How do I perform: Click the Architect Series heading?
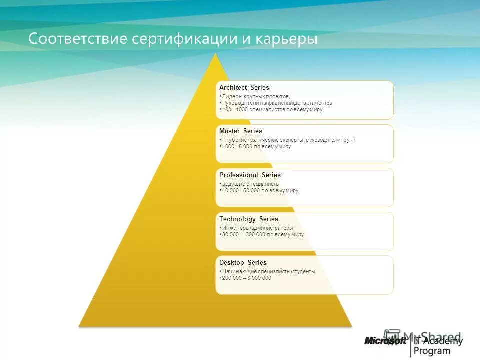244,88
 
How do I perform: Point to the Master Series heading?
240,131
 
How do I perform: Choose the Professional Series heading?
250,175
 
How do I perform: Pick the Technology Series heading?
248,219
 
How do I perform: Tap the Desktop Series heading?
243,263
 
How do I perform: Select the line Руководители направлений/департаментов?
277,103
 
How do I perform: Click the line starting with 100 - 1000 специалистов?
272,109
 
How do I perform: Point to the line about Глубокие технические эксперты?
288,140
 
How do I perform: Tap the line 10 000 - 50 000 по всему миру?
260,190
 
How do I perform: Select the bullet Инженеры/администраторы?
258,228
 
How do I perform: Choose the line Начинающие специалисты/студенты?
268,272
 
